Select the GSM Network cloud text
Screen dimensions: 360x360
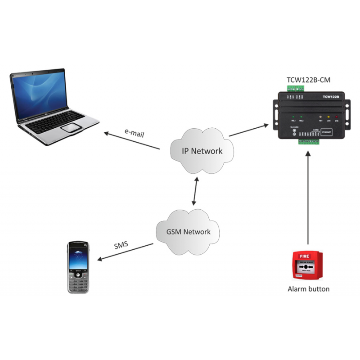point(189,232)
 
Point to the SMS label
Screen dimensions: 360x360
point(121,246)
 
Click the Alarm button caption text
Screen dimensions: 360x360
point(308,289)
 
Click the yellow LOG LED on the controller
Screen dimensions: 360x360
point(328,117)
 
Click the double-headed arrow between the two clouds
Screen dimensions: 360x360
point(195,191)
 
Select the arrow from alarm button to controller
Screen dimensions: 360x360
point(308,198)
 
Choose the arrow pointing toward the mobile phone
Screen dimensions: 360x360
point(126,252)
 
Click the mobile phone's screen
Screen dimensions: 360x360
point(78,256)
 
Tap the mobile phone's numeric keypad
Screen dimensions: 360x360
point(78,282)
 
